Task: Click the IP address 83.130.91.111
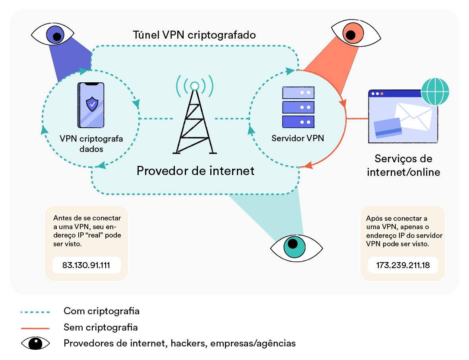pos(86,265)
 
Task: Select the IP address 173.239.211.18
pos(403,265)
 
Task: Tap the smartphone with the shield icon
pos(92,105)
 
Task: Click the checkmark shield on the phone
pos(92,104)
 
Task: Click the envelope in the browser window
pos(414,115)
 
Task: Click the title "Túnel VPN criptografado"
pos(194,35)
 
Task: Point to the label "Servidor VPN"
pos(298,138)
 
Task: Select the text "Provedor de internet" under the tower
pos(195,171)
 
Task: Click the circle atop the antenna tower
pos(195,86)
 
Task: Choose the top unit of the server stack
pos(298,92)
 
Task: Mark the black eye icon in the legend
pos(35,343)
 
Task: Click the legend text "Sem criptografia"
pos(101,327)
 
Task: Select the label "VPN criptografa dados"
pos(91,144)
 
